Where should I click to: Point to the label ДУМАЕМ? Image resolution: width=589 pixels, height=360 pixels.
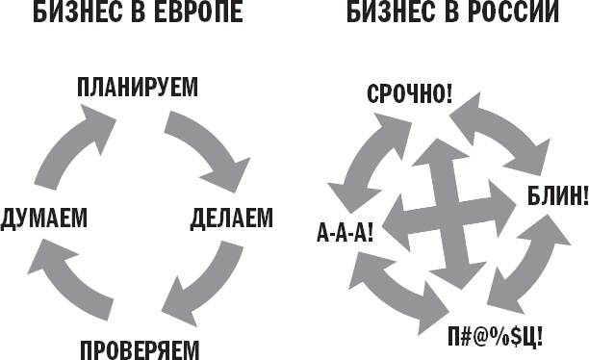[45, 219]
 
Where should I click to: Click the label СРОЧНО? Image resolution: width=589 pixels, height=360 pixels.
[410, 93]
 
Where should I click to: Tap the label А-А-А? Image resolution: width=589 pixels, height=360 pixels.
[345, 231]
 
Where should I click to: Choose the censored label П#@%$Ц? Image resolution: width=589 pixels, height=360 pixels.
[496, 337]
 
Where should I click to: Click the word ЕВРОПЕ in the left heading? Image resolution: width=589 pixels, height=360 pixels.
[199, 15]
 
